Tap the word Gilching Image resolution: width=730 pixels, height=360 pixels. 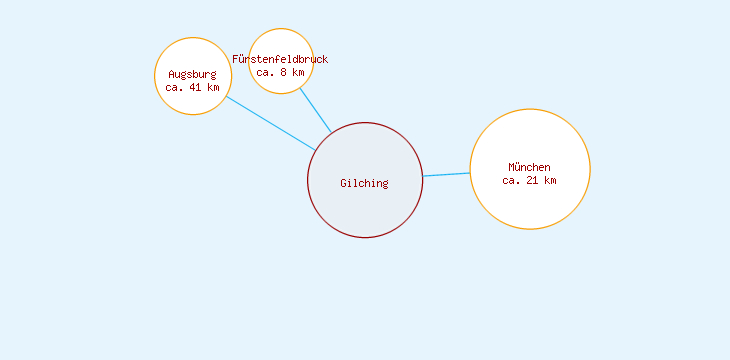point(364,183)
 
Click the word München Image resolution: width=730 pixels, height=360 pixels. point(529,167)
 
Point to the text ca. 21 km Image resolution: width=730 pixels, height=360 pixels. point(529,180)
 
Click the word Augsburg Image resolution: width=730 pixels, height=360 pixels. point(192,74)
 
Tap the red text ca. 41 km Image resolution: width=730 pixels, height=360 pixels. point(192,87)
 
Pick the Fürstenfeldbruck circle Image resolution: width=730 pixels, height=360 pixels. point(281,41)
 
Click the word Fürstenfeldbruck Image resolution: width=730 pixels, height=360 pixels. point(280,59)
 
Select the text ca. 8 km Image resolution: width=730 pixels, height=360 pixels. point(280,72)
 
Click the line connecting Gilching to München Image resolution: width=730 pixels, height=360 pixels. point(446,174)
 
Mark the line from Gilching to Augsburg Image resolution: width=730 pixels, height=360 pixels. point(270,123)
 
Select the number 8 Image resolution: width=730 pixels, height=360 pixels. point(284,72)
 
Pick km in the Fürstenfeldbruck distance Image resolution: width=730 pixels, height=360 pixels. point(298,72)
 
